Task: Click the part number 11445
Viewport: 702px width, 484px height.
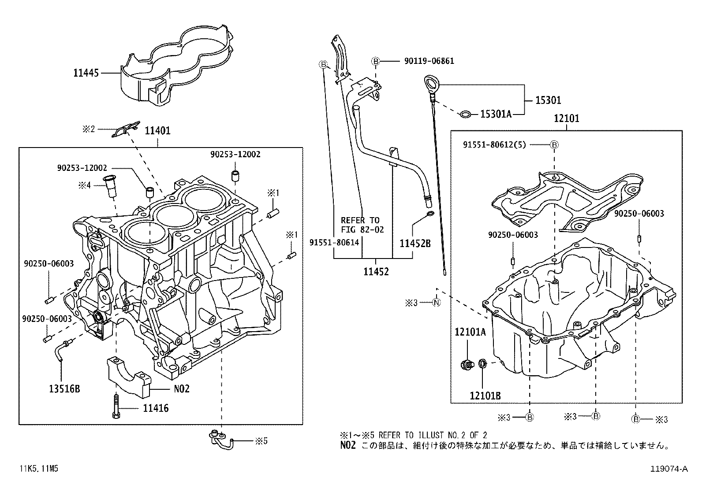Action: (x=86, y=73)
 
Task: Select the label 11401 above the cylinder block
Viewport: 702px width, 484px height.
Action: (x=157, y=130)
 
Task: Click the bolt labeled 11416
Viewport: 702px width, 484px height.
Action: (x=116, y=407)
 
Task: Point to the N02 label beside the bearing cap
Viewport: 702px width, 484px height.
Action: (x=180, y=389)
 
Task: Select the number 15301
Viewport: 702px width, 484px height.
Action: (x=548, y=100)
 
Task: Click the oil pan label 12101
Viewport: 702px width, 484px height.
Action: (x=567, y=118)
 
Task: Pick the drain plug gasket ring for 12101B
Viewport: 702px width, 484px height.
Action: (x=483, y=364)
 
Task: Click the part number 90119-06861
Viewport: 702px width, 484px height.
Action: (x=429, y=61)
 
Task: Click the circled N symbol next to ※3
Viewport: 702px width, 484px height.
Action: (x=436, y=303)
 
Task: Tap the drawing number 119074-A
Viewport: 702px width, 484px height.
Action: (x=669, y=469)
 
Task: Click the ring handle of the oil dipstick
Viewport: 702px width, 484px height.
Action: (x=429, y=82)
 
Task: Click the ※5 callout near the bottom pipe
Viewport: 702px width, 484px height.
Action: (x=261, y=440)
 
